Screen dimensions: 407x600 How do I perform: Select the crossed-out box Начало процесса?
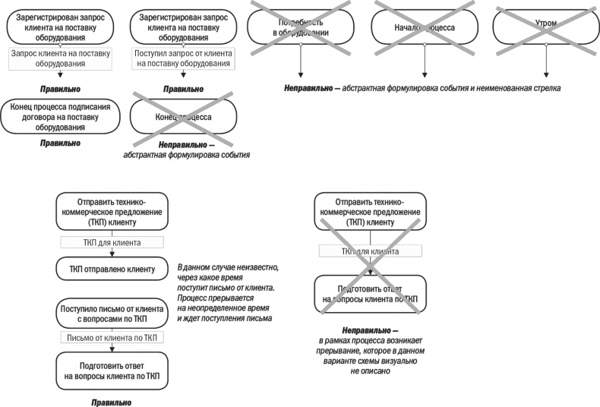coord(423,25)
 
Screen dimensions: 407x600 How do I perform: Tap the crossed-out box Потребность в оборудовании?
coord(300,25)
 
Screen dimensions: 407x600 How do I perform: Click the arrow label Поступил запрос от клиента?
coord(182,58)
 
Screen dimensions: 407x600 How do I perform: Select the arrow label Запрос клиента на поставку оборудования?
coord(60,58)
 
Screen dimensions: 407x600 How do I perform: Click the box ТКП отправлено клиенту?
coord(112,270)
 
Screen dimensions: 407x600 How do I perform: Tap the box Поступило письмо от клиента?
coord(112,314)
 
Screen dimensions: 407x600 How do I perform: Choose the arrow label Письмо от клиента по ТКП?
coord(112,337)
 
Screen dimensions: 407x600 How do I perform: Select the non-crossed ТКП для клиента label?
coord(112,243)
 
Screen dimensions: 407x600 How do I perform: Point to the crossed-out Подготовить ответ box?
coord(369,294)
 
